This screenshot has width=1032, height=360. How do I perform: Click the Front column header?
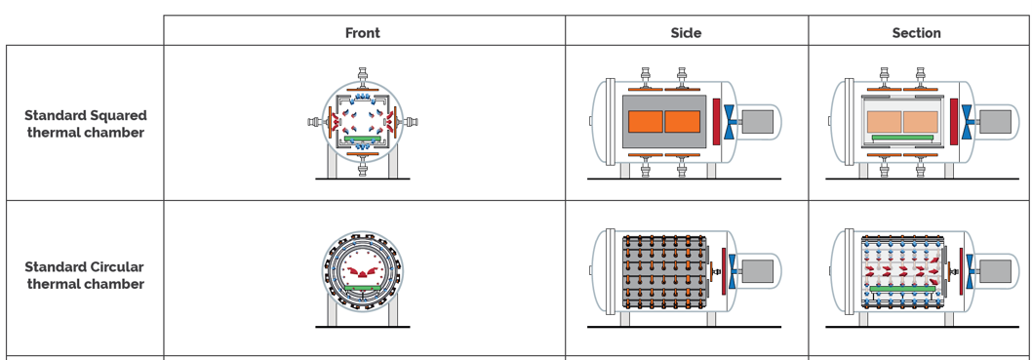tap(363, 33)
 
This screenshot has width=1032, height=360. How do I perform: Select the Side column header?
tap(686, 33)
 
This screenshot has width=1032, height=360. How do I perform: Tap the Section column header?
tap(916, 33)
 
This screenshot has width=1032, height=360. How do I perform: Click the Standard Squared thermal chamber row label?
tap(86, 124)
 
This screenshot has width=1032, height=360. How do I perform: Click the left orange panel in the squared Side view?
tap(645, 122)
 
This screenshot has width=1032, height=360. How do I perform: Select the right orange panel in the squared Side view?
tap(683, 122)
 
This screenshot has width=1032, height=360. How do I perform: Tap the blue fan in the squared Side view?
tap(730, 122)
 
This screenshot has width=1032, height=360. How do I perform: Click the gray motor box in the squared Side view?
tap(757, 122)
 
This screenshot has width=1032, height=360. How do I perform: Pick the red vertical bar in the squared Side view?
tap(716, 122)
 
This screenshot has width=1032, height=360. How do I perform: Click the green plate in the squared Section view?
tap(902, 139)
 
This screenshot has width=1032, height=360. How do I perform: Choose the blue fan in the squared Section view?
tap(968, 122)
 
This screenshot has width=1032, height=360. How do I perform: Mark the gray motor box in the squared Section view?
tap(995, 122)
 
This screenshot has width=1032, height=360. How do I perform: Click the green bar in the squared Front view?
tap(362, 139)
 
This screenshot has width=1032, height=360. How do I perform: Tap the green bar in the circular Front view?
tap(362, 288)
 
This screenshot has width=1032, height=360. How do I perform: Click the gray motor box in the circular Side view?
tap(757, 271)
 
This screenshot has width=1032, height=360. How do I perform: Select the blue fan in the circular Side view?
tap(731, 271)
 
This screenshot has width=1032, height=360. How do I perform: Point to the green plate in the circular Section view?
tap(902, 288)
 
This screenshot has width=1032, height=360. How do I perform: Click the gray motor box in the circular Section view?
tap(995, 271)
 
